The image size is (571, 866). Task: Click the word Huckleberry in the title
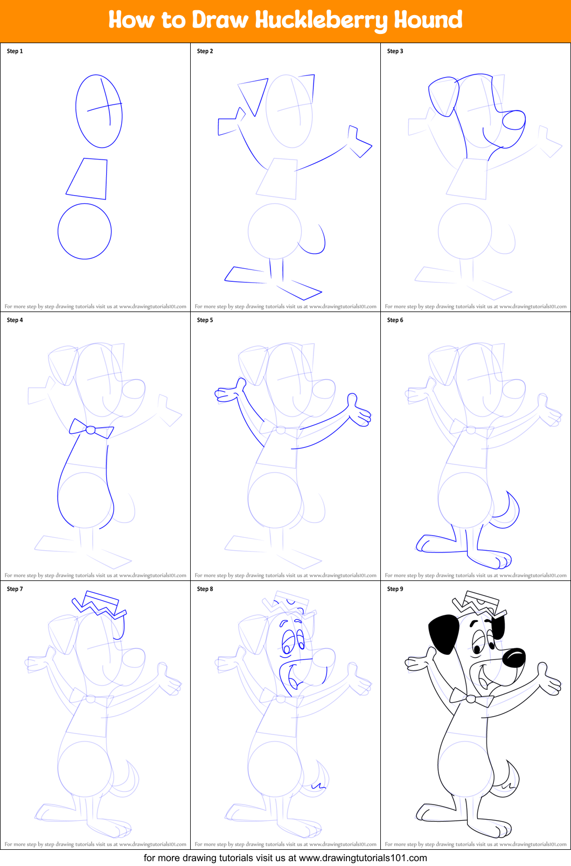(x=321, y=20)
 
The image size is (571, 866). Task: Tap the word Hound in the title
(x=428, y=20)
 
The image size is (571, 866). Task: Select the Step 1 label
(x=15, y=51)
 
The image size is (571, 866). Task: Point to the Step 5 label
(x=205, y=320)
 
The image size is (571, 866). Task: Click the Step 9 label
(x=395, y=589)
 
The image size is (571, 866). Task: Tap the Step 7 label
(x=15, y=589)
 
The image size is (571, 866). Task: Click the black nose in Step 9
(x=513, y=657)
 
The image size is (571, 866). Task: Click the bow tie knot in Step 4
(x=91, y=430)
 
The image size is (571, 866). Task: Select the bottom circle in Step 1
(x=85, y=232)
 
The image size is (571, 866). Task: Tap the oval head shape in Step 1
(x=99, y=111)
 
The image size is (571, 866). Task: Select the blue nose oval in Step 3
(x=513, y=120)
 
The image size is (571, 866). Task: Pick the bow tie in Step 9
(x=471, y=698)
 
